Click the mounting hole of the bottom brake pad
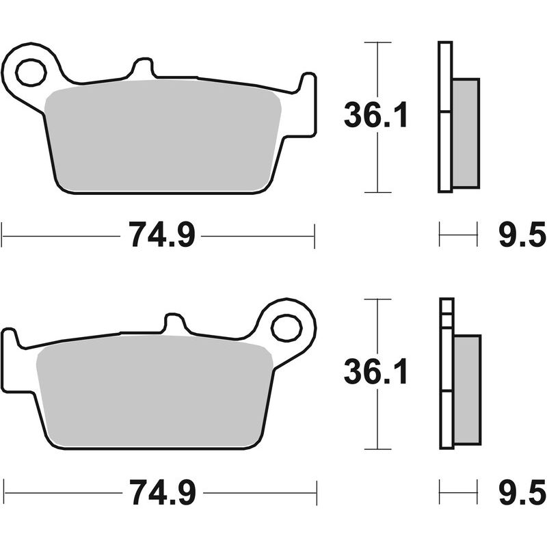pos(286,328)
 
